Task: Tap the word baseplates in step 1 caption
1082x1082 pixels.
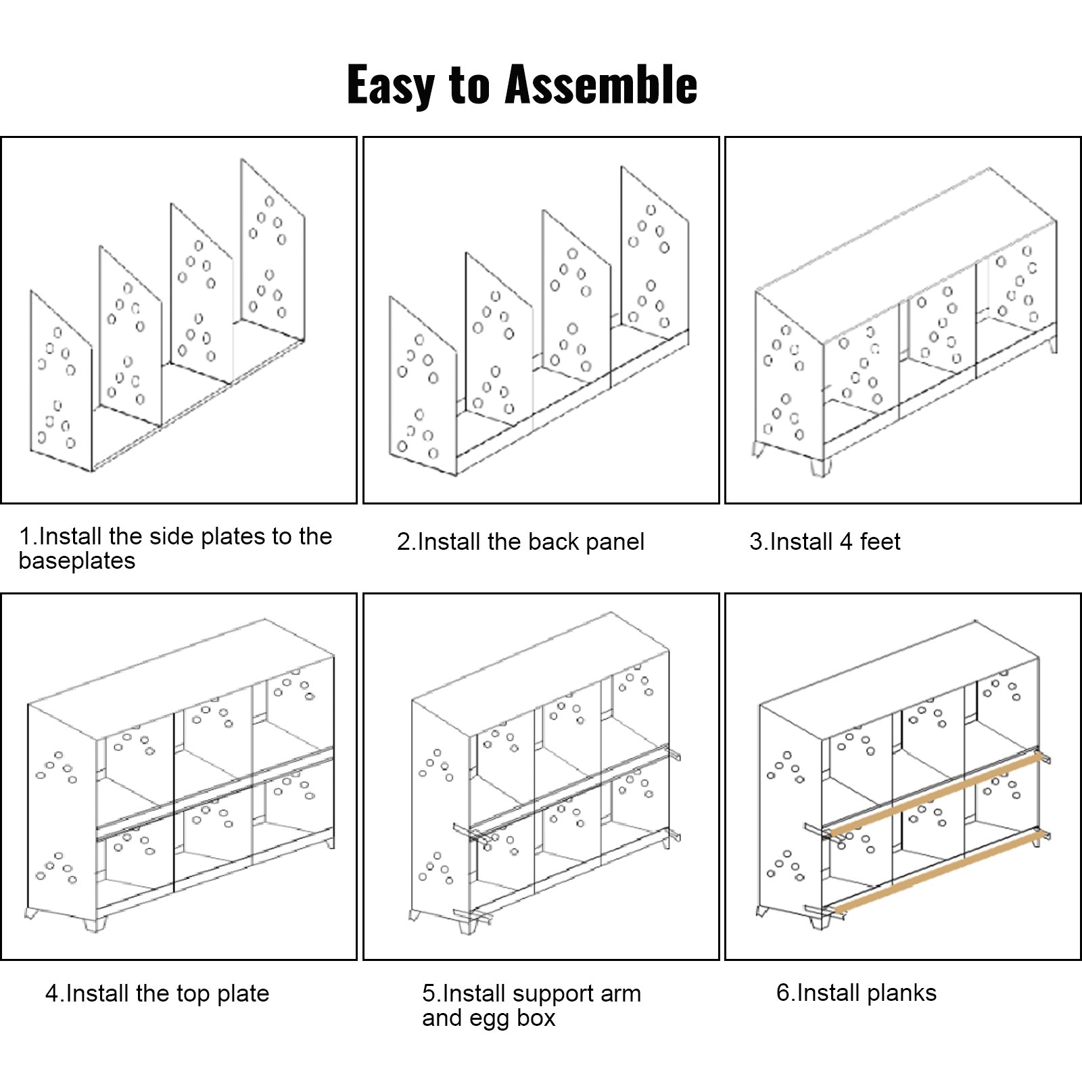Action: coord(77,561)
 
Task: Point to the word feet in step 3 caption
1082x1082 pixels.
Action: coord(880,542)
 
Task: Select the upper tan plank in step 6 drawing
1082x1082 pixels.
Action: coord(937,793)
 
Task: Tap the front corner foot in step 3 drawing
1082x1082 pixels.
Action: coord(820,467)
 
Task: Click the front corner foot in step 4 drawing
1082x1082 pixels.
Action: coord(95,923)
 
